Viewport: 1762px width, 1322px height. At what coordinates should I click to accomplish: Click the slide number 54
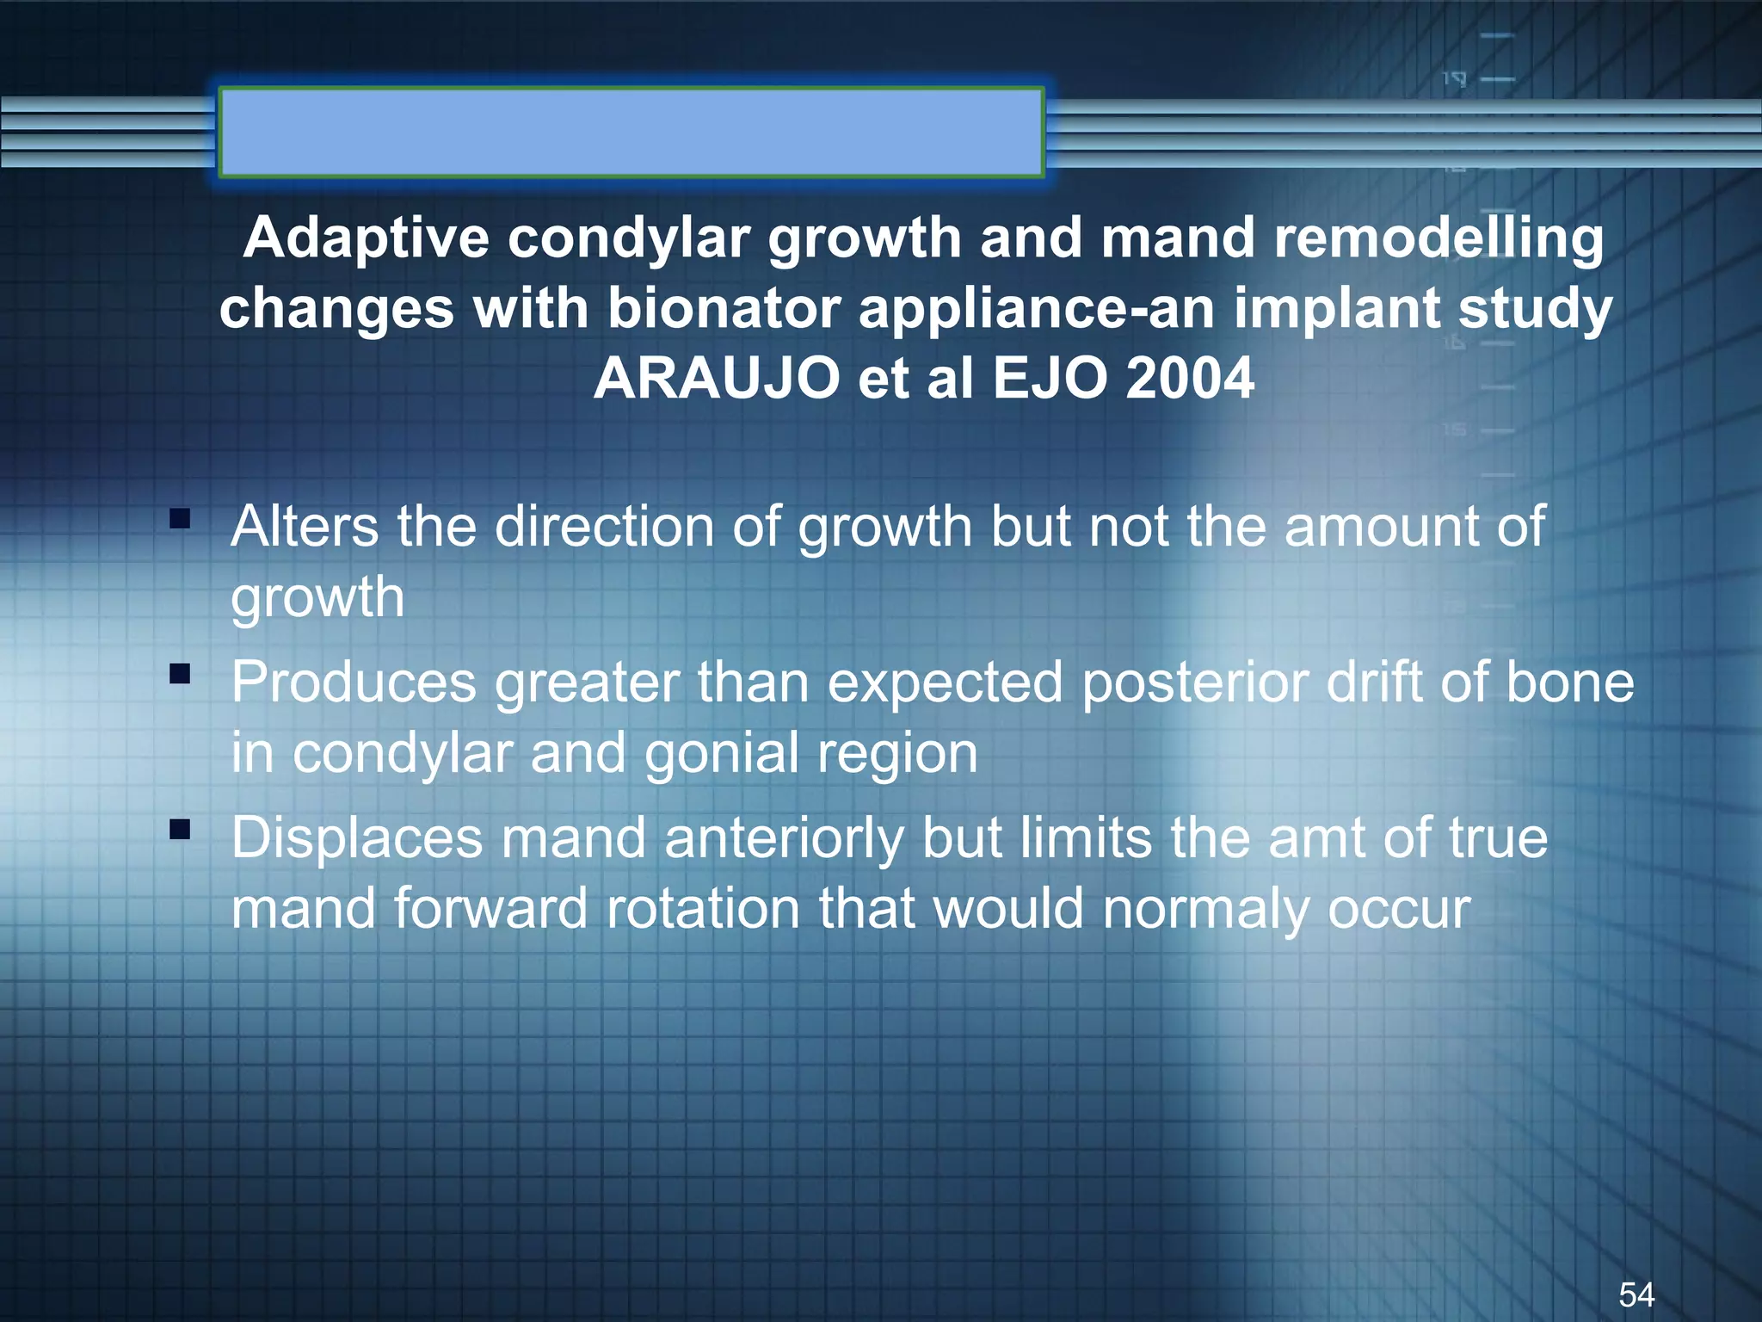coord(1636,1294)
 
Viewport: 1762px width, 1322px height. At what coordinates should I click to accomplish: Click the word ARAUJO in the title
coord(716,379)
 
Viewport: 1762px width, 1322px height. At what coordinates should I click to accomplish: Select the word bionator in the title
coord(724,308)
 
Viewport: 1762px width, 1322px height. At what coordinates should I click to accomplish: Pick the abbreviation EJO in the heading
coord(1050,379)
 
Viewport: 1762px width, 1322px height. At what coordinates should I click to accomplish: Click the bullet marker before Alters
coord(180,518)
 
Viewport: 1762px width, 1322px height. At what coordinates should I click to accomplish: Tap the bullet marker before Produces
coord(180,674)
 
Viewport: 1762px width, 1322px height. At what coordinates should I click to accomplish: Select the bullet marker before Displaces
coord(180,830)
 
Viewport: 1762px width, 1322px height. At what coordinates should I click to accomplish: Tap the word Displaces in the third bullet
coord(357,838)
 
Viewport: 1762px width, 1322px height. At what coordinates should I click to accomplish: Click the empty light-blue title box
coord(631,133)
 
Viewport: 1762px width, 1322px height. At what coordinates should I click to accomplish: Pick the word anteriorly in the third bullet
coord(784,839)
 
